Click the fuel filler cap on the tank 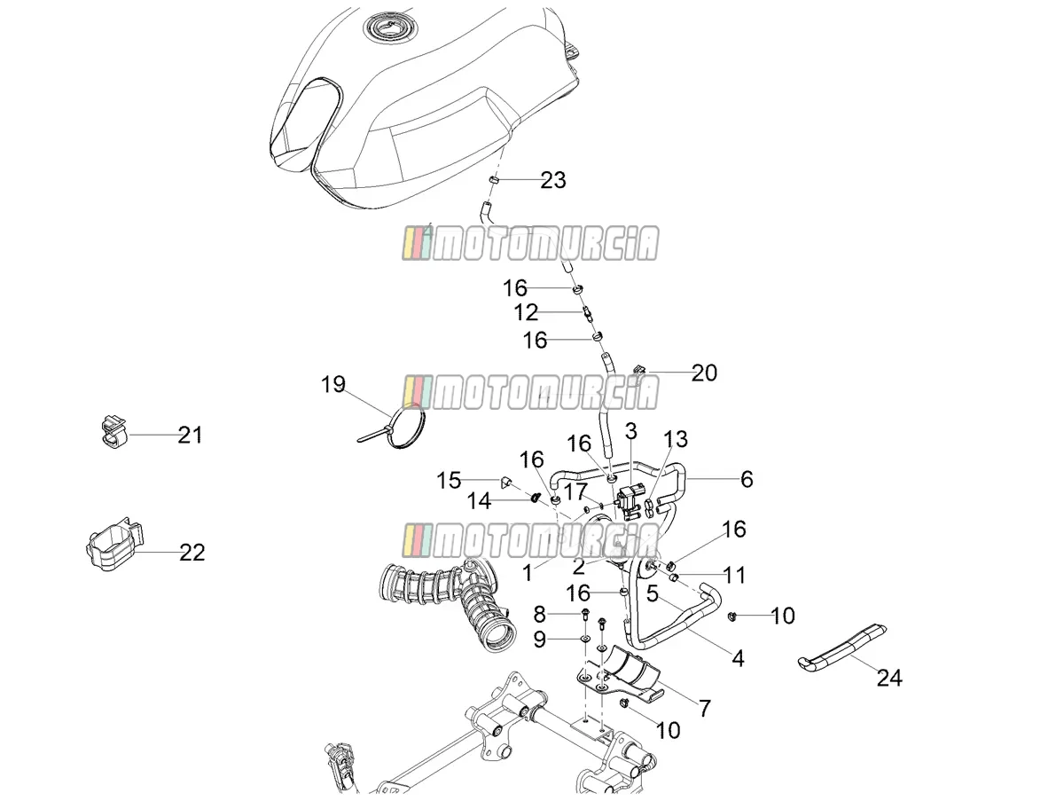click(x=390, y=27)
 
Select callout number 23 click(x=553, y=180)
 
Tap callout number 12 click(x=526, y=313)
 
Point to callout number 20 click(x=704, y=373)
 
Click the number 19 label click(x=333, y=384)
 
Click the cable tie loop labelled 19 click(x=397, y=425)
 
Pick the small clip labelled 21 click(x=113, y=432)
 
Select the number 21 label click(x=190, y=435)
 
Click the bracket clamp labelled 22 click(x=115, y=544)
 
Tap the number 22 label click(x=192, y=553)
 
